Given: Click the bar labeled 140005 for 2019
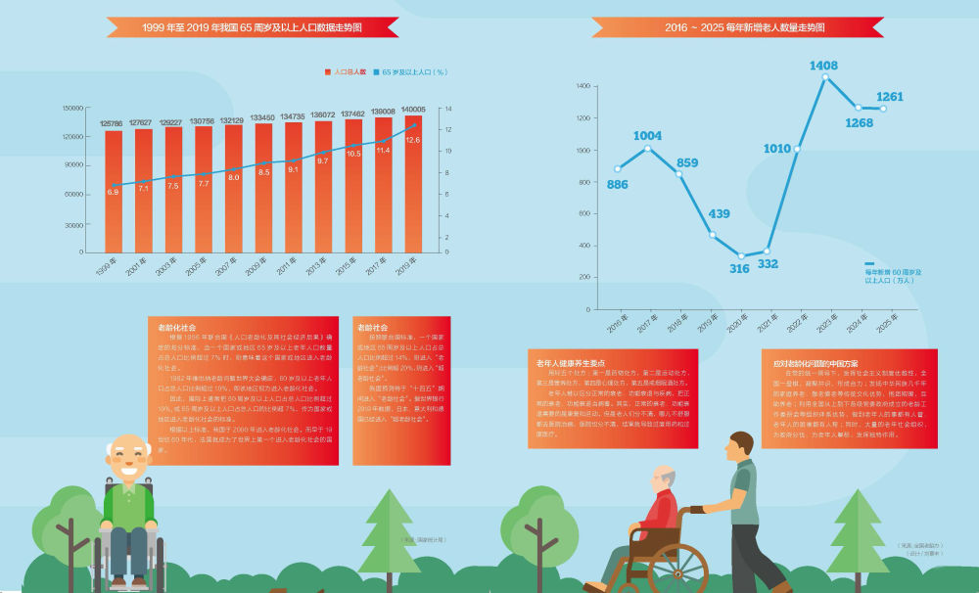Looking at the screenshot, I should pos(412,186).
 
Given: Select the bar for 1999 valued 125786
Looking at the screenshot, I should pos(114,191).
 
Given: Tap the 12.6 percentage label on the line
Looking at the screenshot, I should pos(412,141).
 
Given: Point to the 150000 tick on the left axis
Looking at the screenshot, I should pos(72,108).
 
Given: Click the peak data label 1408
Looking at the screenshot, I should pos(823,66).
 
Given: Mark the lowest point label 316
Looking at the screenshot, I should pos(739,268).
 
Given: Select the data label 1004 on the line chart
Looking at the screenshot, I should pos(647,136).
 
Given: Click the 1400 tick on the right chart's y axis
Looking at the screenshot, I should pos(583,86).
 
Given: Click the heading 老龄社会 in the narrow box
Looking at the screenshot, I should pos(373,327).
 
